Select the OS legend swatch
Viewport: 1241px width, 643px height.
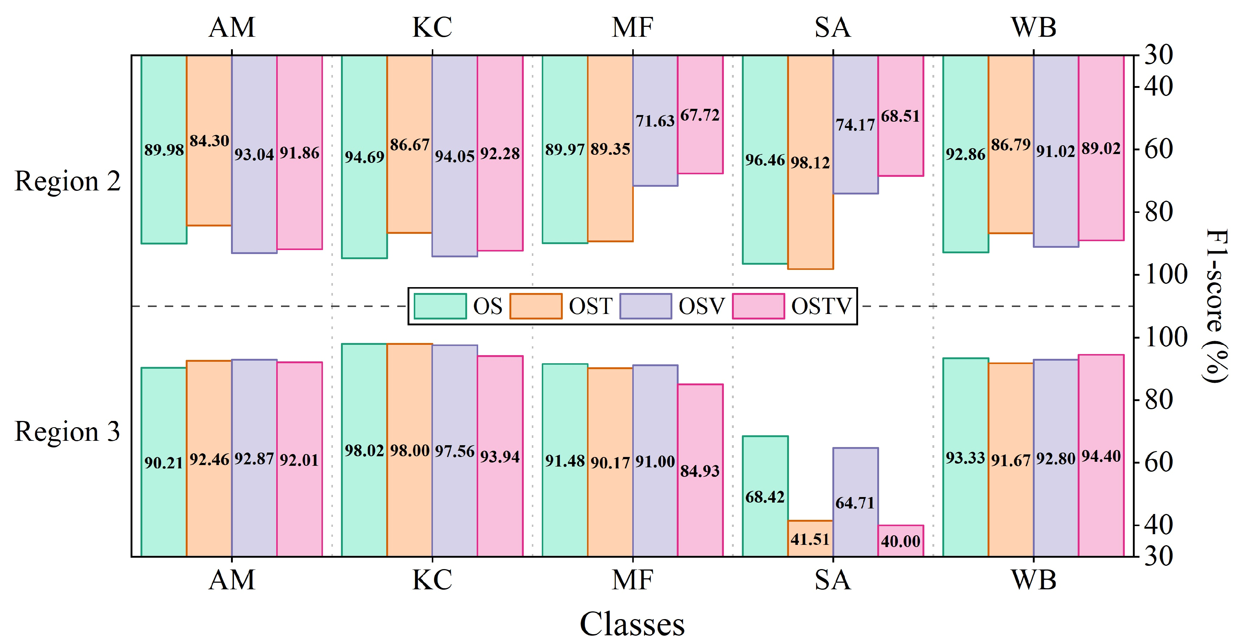440,306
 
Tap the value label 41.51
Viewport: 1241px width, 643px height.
810,539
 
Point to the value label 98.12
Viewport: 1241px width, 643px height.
810,163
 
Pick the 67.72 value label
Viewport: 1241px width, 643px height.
700,115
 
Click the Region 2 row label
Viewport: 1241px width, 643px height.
67,182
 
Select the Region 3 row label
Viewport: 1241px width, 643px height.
67,431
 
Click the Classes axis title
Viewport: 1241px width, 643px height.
632,624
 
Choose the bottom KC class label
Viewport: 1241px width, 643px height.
432,579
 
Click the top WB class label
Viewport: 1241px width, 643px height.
1033,28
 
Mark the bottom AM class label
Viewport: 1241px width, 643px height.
232,579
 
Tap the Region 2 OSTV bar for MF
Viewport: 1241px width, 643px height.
700,144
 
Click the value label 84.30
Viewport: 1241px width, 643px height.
209,141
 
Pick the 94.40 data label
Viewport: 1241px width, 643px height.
1101,456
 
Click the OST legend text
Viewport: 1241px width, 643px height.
591,306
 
